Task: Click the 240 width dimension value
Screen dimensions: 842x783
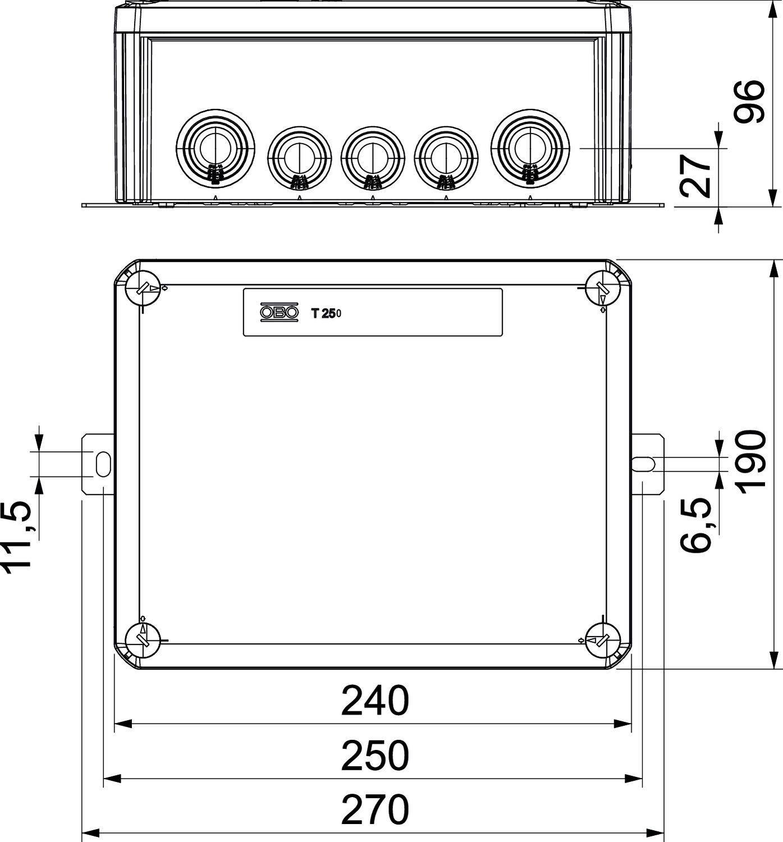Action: (x=375, y=701)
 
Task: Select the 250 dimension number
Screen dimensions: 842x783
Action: (x=375, y=756)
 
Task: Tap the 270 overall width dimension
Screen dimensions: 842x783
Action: (x=375, y=809)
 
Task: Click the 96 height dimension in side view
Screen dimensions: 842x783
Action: (x=750, y=102)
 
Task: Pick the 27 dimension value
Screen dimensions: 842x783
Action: (x=697, y=175)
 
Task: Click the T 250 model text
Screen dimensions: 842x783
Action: (x=326, y=314)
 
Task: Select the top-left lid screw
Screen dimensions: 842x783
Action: (x=143, y=289)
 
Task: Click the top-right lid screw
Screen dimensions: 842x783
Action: (x=602, y=289)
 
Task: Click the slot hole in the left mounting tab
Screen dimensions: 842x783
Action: (x=103, y=464)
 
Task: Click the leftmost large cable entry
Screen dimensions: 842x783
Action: (x=215, y=147)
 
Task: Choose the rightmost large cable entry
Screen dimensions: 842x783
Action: (x=530, y=147)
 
